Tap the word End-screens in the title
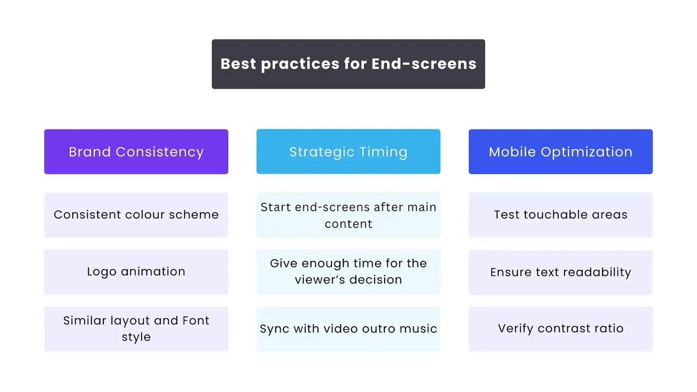coord(424,64)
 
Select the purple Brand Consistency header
coord(136,152)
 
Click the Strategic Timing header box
coord(348,152)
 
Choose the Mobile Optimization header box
coord(561,152)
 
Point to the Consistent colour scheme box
coord(136,215)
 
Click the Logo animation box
coord(136,272)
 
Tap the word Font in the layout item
coord(196,321)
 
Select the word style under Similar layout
coord(136,337)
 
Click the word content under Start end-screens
coord(348,224)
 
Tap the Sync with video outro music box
coord(348,329)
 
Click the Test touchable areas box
coord(561,215)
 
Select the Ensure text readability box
coord(561,272)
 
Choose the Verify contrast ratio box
coord(561,329)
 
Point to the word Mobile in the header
coord(512,152)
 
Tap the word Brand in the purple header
coord(90,152)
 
